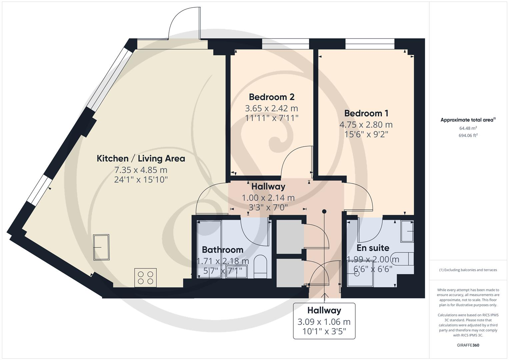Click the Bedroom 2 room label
coord(271,97)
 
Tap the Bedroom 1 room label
coord(366,113)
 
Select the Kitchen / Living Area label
coord(141,158)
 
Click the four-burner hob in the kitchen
coord(145,278)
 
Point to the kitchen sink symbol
coord(101,247)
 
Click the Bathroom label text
coord(222,250)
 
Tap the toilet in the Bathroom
coord(260,267)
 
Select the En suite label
coord(373,248)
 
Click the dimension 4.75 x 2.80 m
coord(366,125)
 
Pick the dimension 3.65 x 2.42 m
coord(271,108)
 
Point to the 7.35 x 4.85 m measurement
coord(141,170)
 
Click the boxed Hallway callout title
coord(324,311)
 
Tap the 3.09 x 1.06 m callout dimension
coord(324,322)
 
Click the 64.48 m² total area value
coord(468,128)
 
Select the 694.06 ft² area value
coord(468,135)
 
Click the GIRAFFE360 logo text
coord(468,345)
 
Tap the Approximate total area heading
coord(468,120)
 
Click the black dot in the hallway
coord(324,211)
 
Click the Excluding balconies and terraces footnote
coord(468,270)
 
